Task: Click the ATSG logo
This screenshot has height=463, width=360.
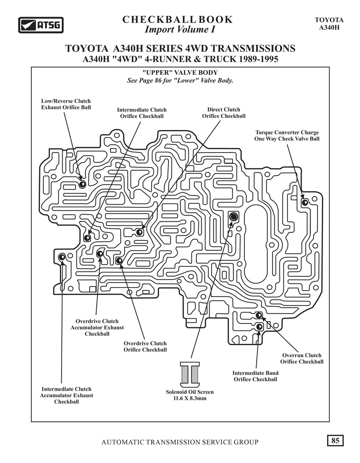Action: click(41, 25)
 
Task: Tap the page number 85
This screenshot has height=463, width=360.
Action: click(335, 441)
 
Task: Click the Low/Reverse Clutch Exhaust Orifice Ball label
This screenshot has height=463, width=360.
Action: click(66, 104)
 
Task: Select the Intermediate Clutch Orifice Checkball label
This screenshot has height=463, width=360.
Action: click(142, 113)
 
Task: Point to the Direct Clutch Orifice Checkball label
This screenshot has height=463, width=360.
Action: click(224, 113)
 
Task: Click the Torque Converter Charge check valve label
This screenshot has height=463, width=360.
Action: click(287, 135)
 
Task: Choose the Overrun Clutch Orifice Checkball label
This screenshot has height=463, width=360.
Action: click(302, 359)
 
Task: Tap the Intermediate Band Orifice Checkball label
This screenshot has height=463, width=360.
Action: click(256, 376)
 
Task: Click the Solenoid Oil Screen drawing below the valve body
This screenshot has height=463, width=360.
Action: click(189, 374)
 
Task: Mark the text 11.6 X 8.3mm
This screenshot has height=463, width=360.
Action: click(189, 398)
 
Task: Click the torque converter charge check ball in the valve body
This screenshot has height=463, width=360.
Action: click(305, 202)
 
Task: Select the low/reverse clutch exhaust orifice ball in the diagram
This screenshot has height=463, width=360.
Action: click(82, 184)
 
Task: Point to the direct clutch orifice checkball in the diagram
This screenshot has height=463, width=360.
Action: click(139, 232)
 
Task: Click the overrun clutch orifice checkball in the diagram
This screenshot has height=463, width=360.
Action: click(259, 315)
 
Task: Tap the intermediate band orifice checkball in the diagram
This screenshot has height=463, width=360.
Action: click(259, 327)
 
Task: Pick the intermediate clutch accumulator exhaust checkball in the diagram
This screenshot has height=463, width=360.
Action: click(62, 257)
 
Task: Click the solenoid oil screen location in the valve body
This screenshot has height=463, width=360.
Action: click(234, 217)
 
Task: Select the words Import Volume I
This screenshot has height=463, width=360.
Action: click(180, 30)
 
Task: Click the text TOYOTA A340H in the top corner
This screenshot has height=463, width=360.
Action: click(329, 23)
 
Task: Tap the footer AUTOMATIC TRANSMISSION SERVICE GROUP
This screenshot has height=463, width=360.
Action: click(180, 442)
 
